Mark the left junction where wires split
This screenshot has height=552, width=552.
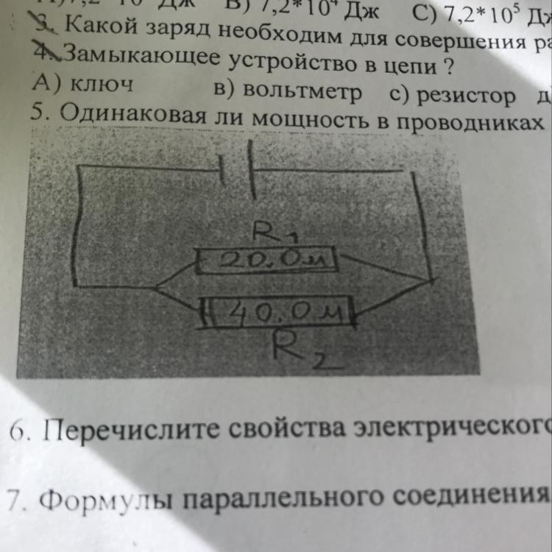point(158,286)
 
